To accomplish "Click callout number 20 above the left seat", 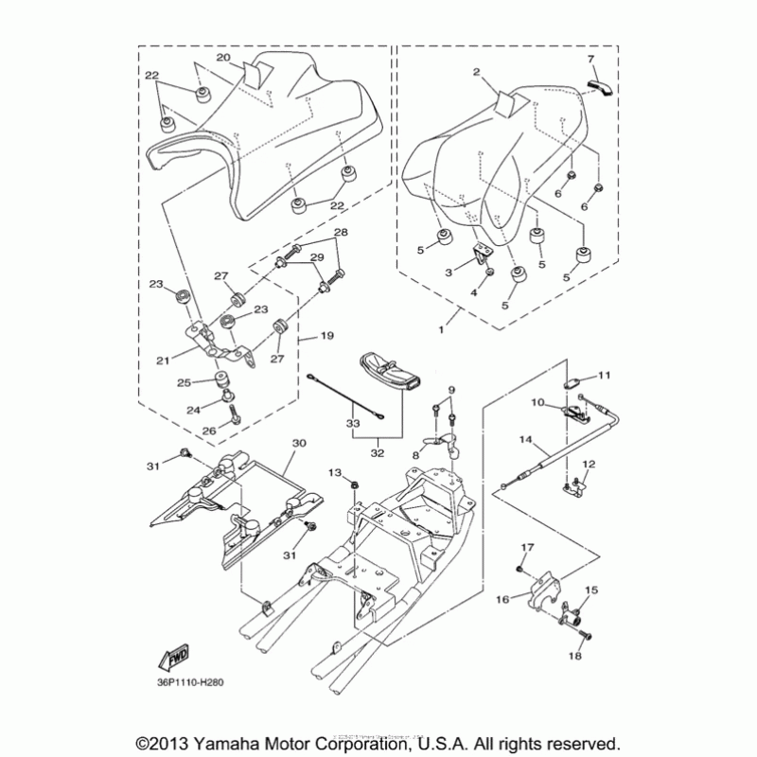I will [223, 58].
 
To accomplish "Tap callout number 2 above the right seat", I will [477, 71].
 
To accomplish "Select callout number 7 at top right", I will [591, 60].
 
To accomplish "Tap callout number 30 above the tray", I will [299, 443].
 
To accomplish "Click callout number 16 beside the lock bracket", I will [502, 599].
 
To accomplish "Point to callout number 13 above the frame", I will [334, 471].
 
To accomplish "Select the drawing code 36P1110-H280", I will [194, 678].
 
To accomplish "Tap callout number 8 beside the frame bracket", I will [414, 455].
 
